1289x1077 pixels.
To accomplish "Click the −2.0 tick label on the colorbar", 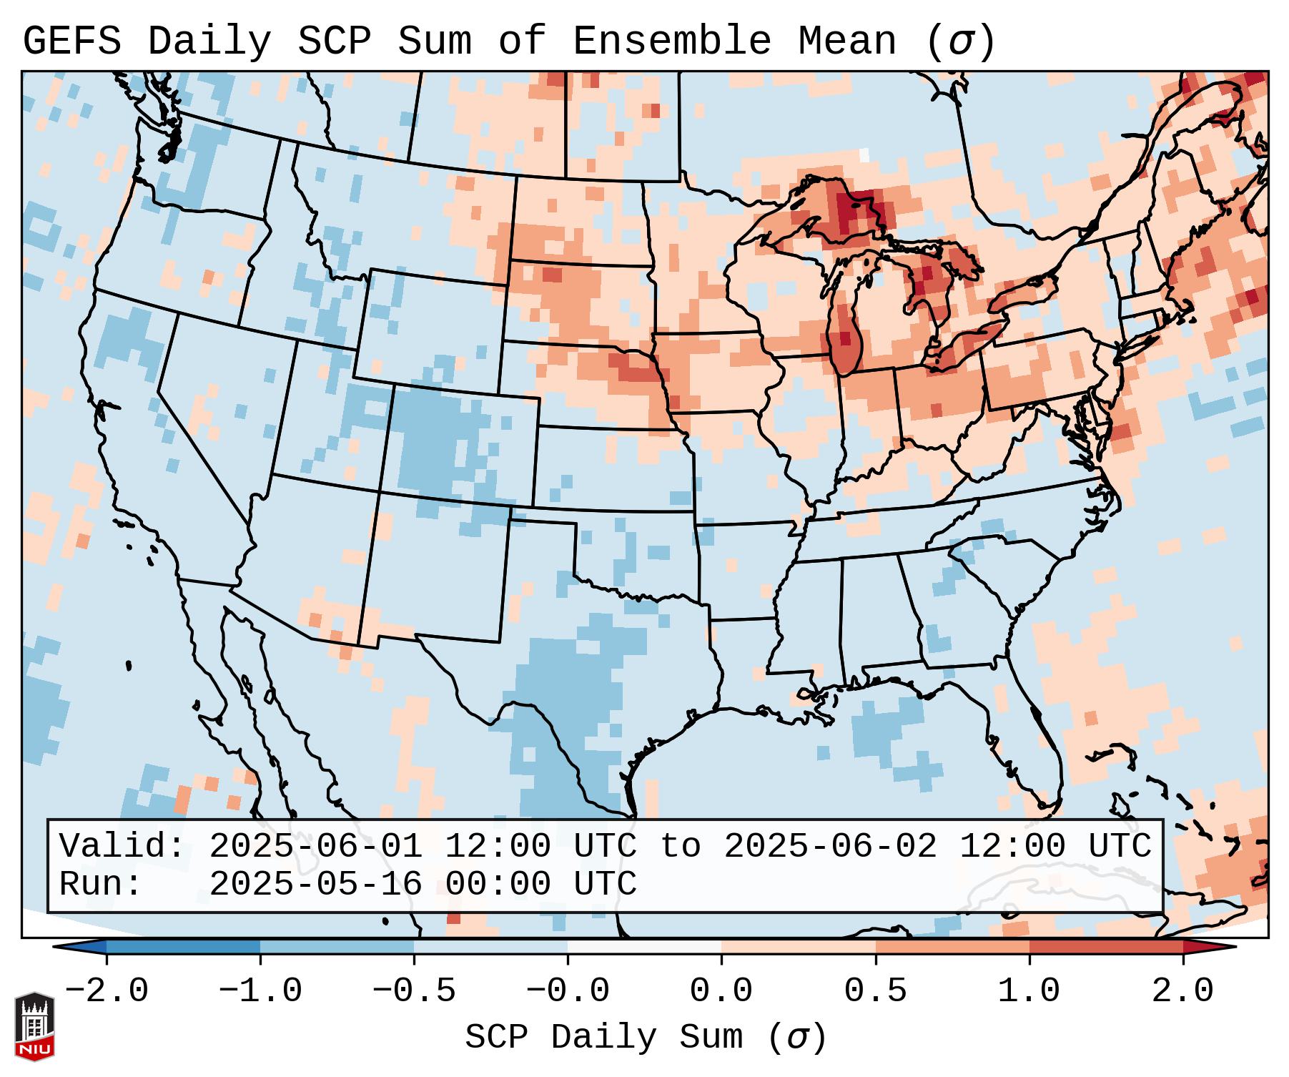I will tap(107, 991).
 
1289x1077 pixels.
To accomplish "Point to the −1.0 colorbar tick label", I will tap(260, 991).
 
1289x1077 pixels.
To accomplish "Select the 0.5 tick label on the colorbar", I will tap(875, 991).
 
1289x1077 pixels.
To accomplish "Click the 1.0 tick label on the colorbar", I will tap(1029, 991).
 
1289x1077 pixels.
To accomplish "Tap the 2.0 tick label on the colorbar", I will tap(1182, 991).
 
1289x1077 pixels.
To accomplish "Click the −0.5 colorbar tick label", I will tap(414, 991).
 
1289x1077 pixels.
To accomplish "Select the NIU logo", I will tap(34, 1026).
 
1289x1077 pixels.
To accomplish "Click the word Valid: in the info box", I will tap(122, 846).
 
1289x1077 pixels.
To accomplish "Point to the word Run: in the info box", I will tap(100, 884).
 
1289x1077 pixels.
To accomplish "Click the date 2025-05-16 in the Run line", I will tap(315, 884).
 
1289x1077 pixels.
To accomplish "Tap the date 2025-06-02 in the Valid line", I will tap(830, 846).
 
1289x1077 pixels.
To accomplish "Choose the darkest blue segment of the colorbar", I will tap(183, 946).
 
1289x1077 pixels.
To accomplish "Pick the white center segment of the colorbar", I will tap(644, 946).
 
